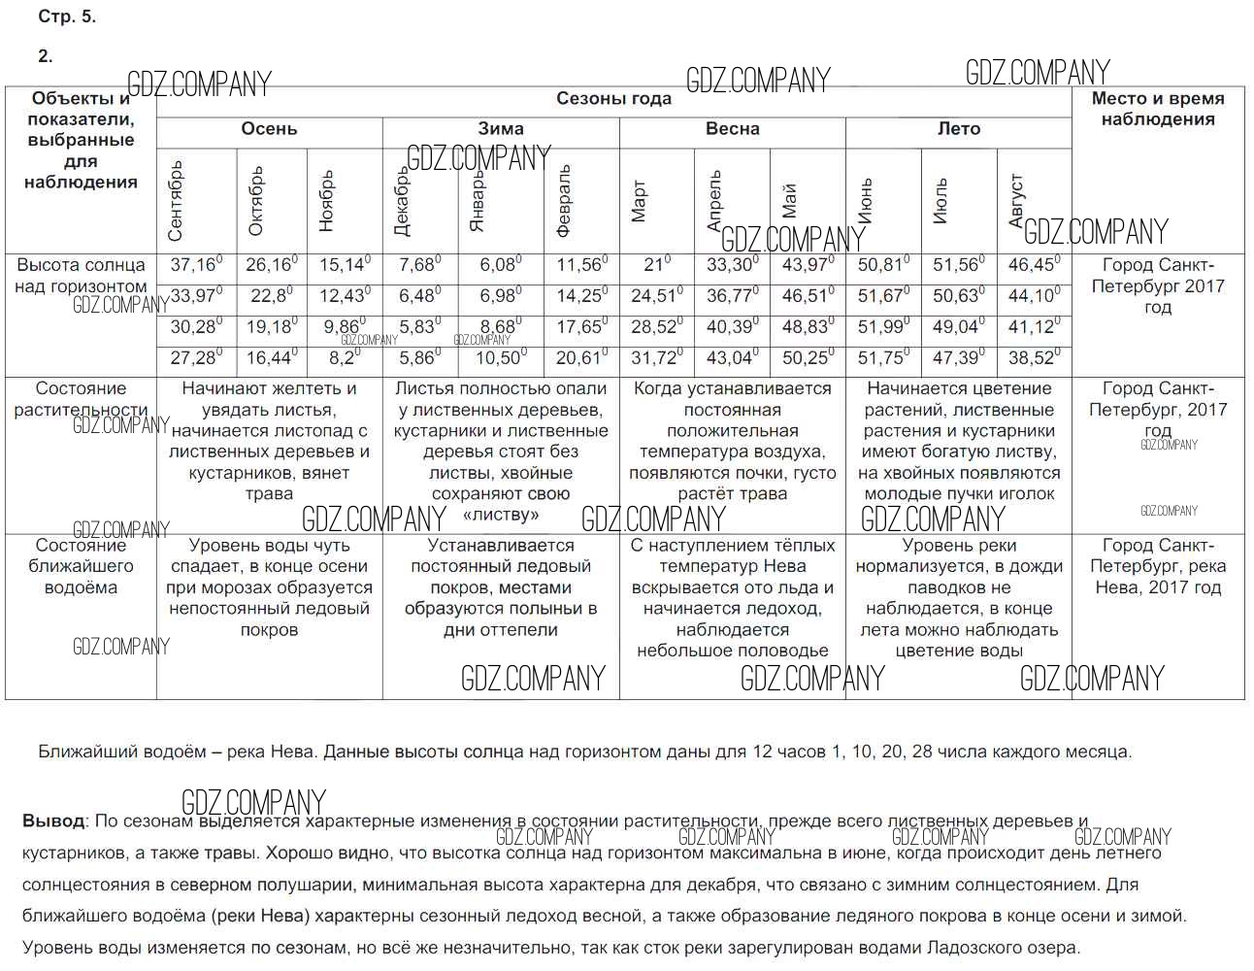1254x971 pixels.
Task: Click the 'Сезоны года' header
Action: point(613,99)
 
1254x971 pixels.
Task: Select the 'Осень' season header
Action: point(269,129)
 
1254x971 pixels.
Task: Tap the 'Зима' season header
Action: point(501,129)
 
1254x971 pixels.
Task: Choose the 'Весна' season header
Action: point(732,129)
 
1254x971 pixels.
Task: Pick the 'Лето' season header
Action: point(958,129)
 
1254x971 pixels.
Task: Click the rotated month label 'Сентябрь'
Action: point(176,200)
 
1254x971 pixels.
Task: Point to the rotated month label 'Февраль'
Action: point(564,201)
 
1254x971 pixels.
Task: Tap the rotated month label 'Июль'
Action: point(940,201)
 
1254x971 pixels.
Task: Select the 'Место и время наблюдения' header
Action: point(1157,109)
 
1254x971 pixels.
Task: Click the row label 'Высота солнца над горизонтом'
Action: point(81,276)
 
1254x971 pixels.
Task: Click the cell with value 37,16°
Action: point(196,265)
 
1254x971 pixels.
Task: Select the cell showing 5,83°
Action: point(419,327)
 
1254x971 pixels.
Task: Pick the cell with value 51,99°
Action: point(883,327)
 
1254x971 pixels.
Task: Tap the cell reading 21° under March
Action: point(656,265)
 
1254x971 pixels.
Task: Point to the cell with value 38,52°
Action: point(1034,358)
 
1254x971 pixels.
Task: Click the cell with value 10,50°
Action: point(501,358)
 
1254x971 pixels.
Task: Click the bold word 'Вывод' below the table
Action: point(53,821)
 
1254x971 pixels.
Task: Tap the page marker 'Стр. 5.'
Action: point(67,17)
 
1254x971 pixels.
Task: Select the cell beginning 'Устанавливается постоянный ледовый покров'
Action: point(501,587)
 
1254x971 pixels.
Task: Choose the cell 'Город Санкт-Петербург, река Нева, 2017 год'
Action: point(1157,566)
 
